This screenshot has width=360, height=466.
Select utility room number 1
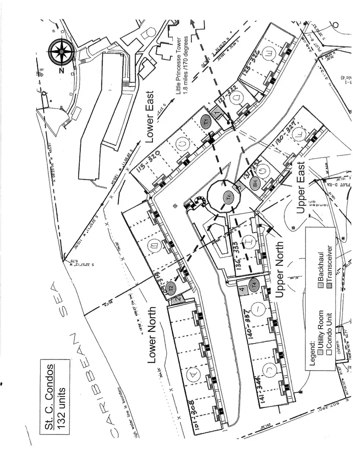coord(217,113)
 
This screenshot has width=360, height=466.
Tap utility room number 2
coord(177,299)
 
